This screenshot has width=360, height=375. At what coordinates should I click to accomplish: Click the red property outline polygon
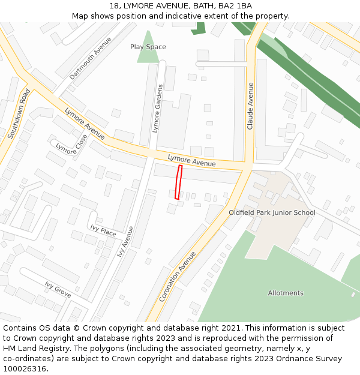(x=178, y=182)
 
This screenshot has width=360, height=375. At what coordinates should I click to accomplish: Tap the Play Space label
(x=148, y=47)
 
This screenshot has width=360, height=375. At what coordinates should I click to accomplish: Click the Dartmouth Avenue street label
(x=91, y=58)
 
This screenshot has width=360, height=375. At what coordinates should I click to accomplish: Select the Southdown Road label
(x=19, y=114)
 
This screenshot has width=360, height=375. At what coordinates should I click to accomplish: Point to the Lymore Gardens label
(x=157, y=109)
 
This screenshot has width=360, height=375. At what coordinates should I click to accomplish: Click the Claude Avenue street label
(x=251, y=106)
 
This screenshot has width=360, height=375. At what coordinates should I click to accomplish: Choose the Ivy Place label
(x=103, y=230)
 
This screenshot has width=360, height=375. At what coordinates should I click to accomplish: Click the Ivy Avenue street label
(x=126, y=241)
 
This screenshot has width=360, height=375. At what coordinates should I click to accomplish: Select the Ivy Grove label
(x=58, y=289)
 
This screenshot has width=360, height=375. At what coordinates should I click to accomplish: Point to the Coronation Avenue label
(x=178, y=277)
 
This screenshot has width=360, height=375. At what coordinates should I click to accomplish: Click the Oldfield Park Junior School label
(x=272, y=212)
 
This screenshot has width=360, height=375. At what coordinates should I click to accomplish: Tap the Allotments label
(x=286, y=293)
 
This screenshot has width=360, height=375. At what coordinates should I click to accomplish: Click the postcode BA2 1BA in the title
(x=235, y=6)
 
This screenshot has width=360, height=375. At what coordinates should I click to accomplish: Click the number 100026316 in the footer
(x=25, y=368)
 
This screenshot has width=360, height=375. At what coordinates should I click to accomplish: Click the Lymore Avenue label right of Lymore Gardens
(x=191, y=160)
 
